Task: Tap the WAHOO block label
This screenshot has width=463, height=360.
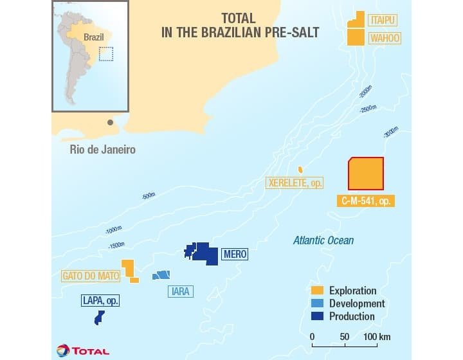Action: coord(385,39)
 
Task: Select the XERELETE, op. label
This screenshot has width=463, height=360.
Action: coord(295,183)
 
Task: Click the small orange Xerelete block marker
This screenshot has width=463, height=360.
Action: coord(300,170)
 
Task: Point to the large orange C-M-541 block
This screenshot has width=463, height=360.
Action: coord(365,174)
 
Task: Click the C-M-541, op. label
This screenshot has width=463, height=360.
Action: coord(365,201)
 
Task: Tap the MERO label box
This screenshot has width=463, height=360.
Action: coord(234,255)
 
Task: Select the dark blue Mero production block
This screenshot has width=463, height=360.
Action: coord(204,253)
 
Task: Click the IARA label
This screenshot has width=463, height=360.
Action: coord(181,291)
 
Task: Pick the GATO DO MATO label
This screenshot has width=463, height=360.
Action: coord(91,276)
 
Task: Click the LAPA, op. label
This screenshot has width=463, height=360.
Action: coord(101,300)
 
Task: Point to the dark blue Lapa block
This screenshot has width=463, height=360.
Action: coord(99,318)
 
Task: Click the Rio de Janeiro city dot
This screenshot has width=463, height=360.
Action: coord(111,122)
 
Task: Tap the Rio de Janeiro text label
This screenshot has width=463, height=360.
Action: coord(103,149)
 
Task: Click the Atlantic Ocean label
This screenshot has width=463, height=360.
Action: coord(323,240)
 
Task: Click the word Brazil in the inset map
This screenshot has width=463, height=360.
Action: coord(94,37)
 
